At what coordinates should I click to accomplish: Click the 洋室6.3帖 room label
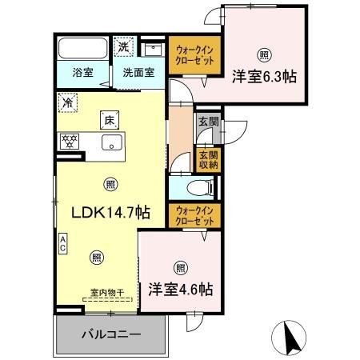265,77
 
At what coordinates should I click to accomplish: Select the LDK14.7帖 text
109,213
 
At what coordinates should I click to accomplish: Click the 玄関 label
208,122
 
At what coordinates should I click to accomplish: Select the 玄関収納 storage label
208,159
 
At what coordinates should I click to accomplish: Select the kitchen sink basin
111,143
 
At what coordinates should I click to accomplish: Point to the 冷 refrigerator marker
69,102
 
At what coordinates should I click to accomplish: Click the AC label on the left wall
62,242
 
